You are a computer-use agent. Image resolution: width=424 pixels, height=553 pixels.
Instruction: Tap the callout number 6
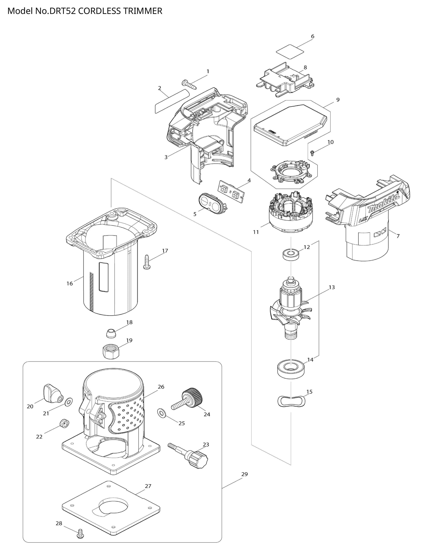[x=312, y=36]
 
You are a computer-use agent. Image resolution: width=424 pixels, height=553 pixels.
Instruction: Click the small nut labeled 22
[x=64, y=422]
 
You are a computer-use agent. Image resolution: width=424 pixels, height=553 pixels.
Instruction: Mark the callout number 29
[x=244, y=474]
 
